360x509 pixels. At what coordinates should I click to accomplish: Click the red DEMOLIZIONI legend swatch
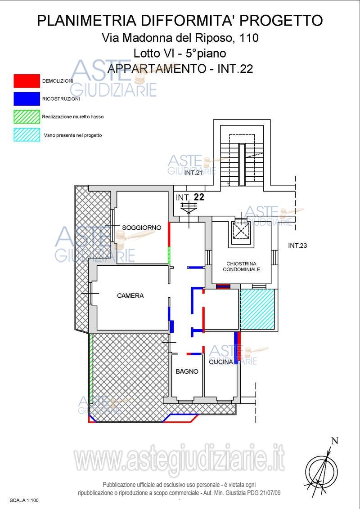click(x=27, y=81)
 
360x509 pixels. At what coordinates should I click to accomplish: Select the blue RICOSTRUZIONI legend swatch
click(x=27, y=98)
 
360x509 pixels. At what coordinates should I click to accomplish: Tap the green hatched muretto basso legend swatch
click(x=27, y=117)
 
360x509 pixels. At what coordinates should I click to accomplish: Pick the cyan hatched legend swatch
click(x=27, y=135)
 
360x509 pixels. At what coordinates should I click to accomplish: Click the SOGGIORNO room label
click(x=141, y=228)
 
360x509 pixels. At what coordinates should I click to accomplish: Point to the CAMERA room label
click(x=130, y=296)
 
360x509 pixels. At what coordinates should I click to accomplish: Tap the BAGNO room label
click(x=187, y=372)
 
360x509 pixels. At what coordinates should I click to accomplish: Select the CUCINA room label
click(x=221, y=362)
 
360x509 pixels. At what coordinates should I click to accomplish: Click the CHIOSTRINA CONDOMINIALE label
click(x=241, y=267)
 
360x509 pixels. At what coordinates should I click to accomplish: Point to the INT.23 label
click(x=297, y=246)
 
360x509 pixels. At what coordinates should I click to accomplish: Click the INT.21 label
click(x=193, y=173)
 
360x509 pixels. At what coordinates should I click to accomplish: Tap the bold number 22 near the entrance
click(x=199, y=196)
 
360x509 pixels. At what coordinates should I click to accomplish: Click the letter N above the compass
click(x=335, y=441)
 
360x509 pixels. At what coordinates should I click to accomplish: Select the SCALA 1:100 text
click(x=24, y=500)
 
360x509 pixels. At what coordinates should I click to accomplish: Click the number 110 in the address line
click(x=249, y=38)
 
